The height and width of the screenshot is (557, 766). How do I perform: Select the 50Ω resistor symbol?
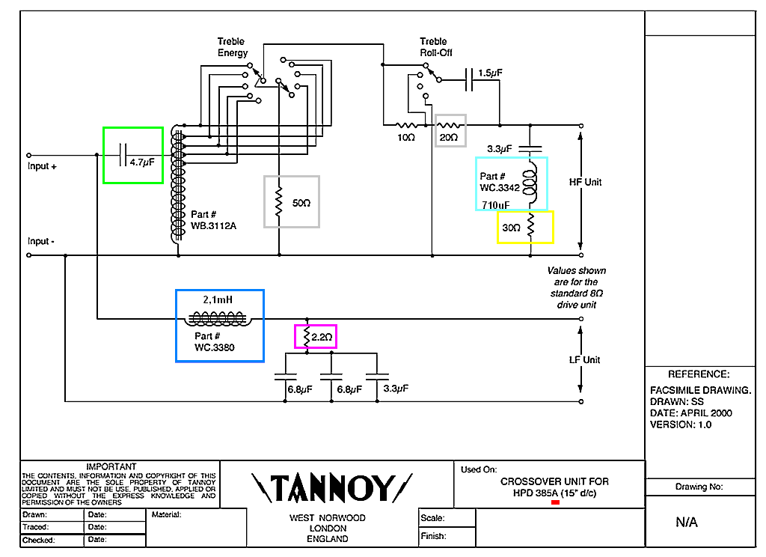coord(279,202)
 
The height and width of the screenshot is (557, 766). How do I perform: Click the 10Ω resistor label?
coord(405,139)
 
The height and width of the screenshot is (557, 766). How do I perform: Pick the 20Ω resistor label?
coord(450,139)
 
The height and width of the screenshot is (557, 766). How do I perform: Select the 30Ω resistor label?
coord(512,228)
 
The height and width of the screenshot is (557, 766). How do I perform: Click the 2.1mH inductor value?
coord(218,299)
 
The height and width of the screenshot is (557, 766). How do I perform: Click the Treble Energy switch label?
coord(232,47)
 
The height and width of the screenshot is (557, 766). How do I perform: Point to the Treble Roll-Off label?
coord(435,47)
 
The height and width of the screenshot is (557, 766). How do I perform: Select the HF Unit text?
coord(585,182)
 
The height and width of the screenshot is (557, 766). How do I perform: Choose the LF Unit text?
coord(584,359)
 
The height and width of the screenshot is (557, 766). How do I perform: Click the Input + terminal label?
coord(43,166)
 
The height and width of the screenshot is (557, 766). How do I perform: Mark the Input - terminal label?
coord(42,241)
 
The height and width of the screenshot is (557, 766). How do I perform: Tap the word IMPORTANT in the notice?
coord(111,466)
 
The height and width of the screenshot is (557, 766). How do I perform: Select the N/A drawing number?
coord(686,523)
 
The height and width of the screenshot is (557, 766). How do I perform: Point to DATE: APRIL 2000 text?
coord(691,413)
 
